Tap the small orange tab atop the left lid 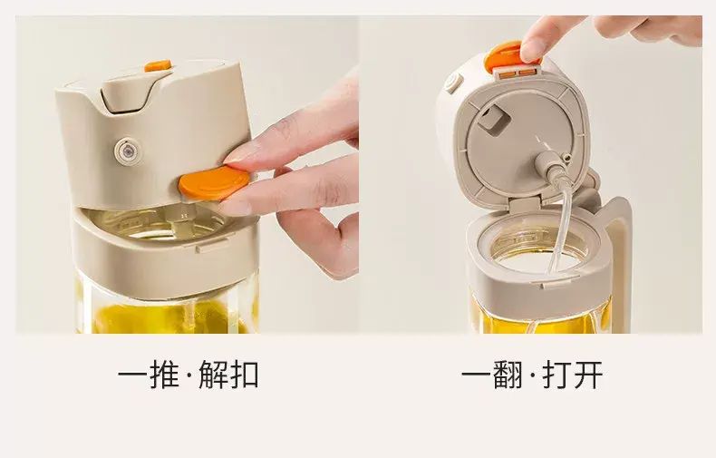[158, 66]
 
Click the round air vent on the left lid [127, 150]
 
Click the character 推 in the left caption [163, 375]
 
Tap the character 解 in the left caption [214, 375]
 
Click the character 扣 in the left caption [245, 375]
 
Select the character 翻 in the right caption [507, 375]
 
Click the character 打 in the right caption [557, 375]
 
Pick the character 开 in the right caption [588, 375]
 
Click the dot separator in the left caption [189, 375]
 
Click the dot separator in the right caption [532, 375]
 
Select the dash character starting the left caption [132, 375]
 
